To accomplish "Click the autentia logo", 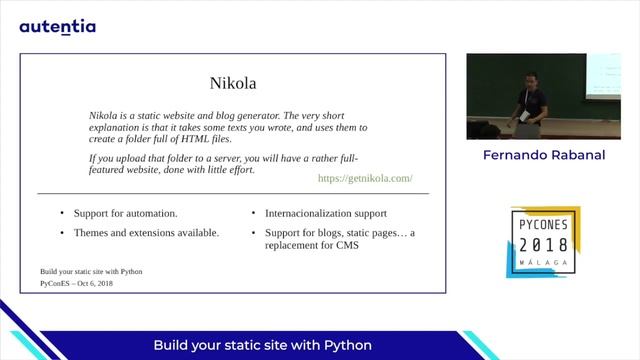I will pos(57,26).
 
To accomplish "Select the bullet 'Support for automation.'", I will pos(125,214).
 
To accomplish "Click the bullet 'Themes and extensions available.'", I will pos(146,233).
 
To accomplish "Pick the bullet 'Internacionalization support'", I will pos(325,214).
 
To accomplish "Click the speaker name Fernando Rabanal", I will pos(543,156).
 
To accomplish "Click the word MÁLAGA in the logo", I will pos(543,261).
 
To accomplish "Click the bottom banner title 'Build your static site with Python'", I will pos(262,345).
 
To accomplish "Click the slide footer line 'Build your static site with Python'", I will pos(91,271).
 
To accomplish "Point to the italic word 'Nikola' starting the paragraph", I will pos(105,115).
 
